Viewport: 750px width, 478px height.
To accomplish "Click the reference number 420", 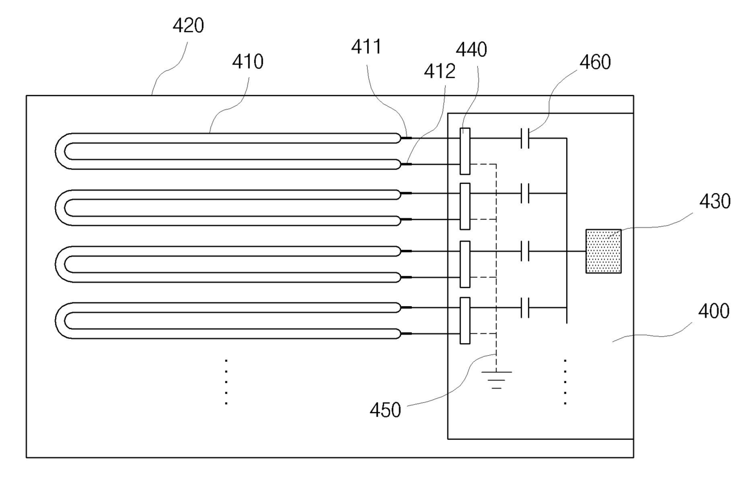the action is coord(188,25).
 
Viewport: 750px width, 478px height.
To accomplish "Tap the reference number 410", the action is coord(248,62).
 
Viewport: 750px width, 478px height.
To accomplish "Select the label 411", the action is coord(367,47).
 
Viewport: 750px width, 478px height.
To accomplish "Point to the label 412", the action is coord(440,71).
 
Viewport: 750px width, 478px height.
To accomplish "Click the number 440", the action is coord(471,50).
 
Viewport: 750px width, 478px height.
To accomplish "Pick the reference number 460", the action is coord(595,62).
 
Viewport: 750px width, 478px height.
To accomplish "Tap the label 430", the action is coord(715,201).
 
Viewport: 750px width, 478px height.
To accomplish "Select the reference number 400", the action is coord(714,311).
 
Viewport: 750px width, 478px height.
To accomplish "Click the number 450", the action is coord(385,410).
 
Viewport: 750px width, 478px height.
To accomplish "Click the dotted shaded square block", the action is coord(604,251).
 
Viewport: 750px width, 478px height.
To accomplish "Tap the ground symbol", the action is coord(497,380).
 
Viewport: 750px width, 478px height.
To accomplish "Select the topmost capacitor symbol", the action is coord(525,138).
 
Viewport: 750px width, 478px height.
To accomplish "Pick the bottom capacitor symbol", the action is coord(525,307).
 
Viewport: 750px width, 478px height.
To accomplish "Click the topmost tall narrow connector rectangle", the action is coord(465,151).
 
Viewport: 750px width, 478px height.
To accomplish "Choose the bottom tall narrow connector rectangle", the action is coord(465,321).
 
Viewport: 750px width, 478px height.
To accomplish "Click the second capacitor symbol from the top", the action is coord(525,193).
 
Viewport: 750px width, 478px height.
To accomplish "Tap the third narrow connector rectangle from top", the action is coord(465,264).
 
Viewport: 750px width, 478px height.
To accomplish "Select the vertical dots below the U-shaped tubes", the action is coord(226,382).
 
